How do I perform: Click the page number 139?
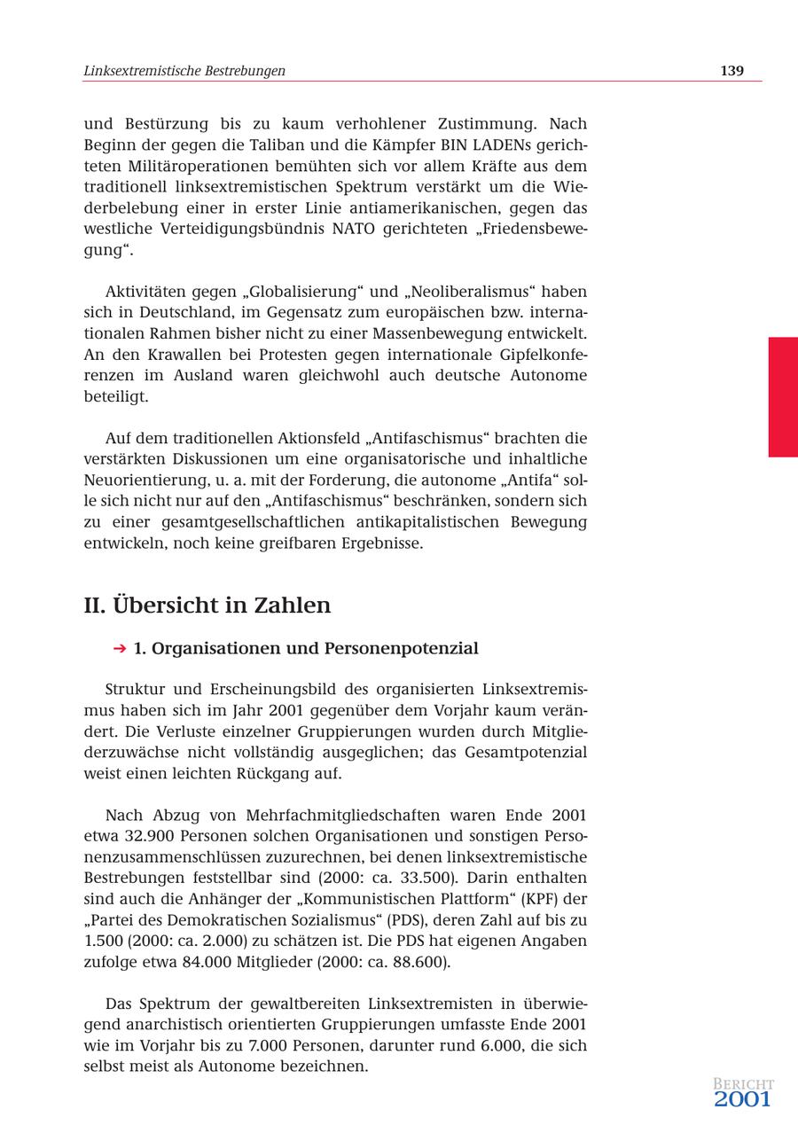731,71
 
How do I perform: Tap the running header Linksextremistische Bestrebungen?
184,71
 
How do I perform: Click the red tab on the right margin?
782,396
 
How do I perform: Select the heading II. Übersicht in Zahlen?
207,606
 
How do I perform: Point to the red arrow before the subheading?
120,649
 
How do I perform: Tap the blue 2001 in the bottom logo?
742,1100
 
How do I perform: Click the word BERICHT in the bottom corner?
743,1083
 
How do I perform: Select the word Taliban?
276,145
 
